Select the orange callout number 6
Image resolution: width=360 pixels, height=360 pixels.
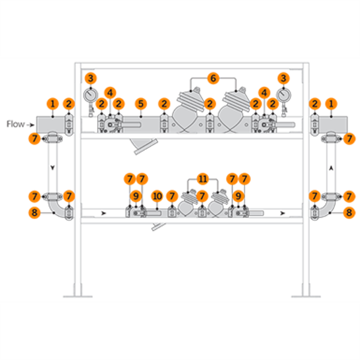click(x=213, y=78)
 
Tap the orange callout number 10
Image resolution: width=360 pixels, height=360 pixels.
click(x=157, y=196)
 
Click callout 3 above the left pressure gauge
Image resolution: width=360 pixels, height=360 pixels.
click(x=90, y=78)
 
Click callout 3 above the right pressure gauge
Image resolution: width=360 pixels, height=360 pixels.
click(x=283, y=78)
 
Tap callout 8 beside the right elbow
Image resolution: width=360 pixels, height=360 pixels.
click(x=349, y=212)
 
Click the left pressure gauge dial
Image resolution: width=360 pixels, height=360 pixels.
click(x=91, y=94)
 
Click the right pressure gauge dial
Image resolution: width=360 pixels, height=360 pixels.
click(x=283, y=94)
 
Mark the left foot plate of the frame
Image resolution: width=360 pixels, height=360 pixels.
click(x=78, y=295)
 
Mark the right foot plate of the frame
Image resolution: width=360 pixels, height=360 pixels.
click(x=305, y=295)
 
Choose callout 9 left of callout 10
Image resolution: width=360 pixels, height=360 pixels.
click(x=135, y=196)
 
